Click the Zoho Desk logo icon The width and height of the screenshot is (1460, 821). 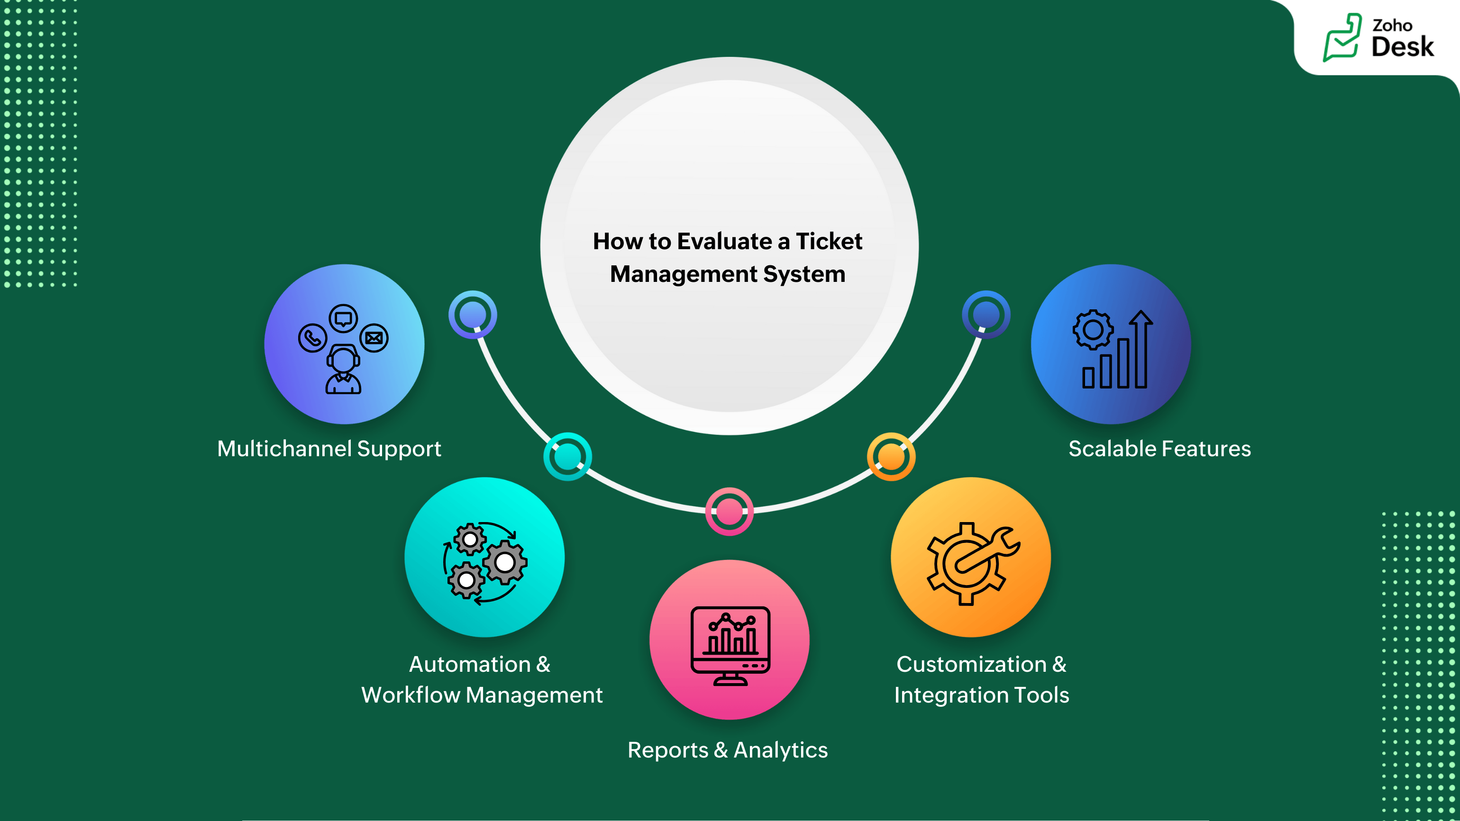1341,37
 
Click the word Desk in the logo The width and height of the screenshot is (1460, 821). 1402,47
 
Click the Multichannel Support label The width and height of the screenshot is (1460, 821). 328,449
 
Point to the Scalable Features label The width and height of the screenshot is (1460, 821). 1159,449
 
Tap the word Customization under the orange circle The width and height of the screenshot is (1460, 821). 971,664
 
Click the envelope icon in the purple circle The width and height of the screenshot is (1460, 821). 374,338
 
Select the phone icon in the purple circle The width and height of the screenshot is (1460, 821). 312,338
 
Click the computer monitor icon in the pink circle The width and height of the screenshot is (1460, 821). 730,645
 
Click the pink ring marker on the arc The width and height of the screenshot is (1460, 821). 730,512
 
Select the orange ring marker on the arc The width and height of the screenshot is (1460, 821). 891,457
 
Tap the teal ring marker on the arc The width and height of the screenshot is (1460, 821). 567,457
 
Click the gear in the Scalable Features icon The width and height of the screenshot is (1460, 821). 1093,329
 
